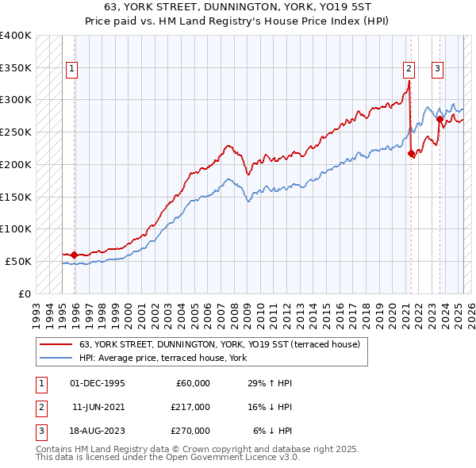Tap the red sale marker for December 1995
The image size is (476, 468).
click(x=74, y=255)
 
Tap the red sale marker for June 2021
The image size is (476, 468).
click(x=411, y=154)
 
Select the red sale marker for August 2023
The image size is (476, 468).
click(x=440, y=120)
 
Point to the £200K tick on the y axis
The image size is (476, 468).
click(x=16, y=164)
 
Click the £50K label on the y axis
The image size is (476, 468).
click(x=19, y=261)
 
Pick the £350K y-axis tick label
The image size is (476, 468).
click(x=16, y=68)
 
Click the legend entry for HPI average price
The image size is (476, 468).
click(x=163, y=359)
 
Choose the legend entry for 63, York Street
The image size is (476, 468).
click(x=219, y=344)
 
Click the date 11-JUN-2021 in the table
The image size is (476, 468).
click(x=98, y=406)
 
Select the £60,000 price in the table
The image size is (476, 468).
click(x=190, y=383)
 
